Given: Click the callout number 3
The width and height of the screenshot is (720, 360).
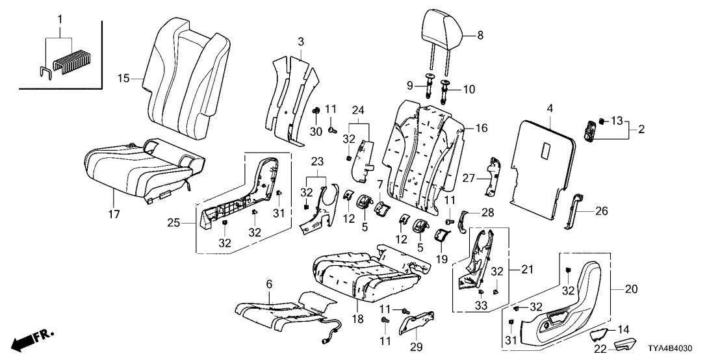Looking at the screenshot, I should coord(300,42).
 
